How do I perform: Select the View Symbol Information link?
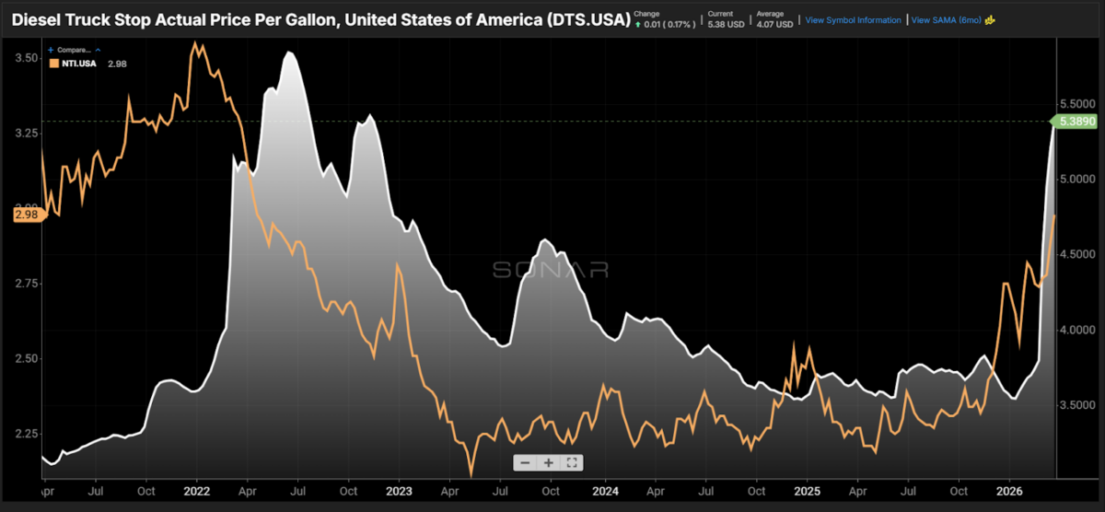[853, 19]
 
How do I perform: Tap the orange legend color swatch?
[53, 63]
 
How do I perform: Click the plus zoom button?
[548, 463]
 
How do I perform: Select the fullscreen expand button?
[572, 463]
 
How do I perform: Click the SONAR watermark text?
[550, 269]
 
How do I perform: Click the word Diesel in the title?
[41, 18]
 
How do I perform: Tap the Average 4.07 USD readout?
[775, 19]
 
